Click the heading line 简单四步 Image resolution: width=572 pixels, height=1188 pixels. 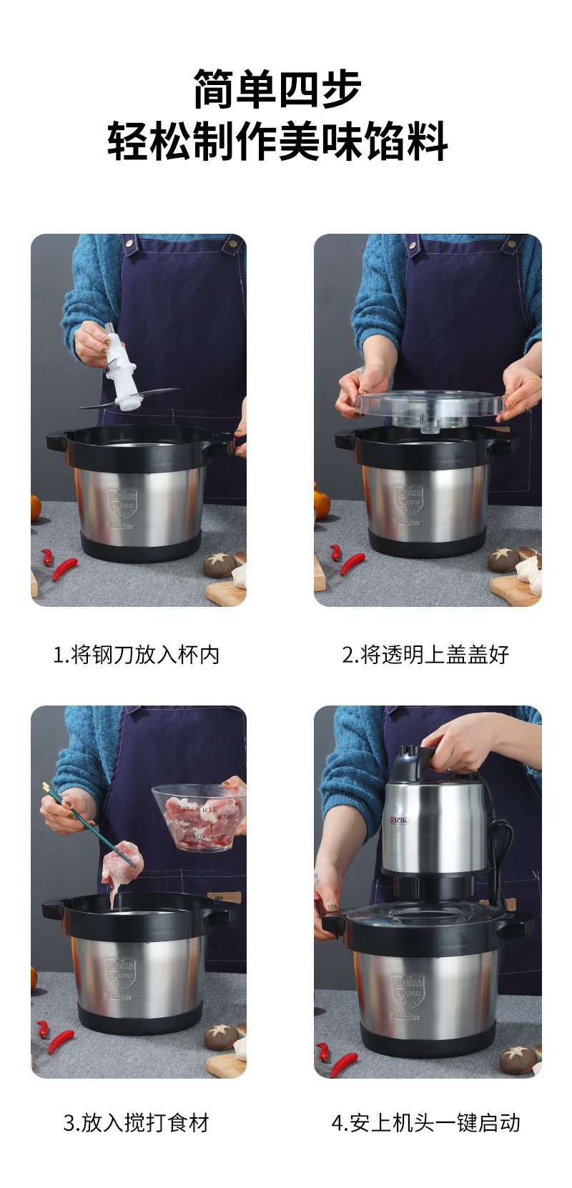277,89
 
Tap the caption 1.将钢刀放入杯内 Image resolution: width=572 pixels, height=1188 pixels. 137,654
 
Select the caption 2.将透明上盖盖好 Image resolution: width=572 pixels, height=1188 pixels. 425,654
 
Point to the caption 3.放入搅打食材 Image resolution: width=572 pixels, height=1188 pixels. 137,1122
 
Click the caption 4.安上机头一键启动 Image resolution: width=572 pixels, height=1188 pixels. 425,1122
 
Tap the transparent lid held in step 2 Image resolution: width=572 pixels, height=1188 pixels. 428,405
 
